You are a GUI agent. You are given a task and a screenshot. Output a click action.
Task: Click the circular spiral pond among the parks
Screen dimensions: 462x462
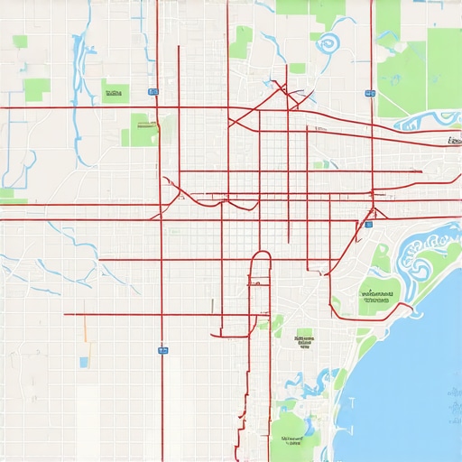[327, 42]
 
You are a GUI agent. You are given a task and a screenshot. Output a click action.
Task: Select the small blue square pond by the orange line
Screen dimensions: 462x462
[84, 362]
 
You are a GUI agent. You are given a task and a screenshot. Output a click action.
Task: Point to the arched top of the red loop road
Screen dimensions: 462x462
[260, 255]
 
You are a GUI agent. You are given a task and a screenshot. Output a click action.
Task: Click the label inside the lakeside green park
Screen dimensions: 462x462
[379, 295]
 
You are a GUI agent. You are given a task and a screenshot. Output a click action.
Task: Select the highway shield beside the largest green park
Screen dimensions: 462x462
[370, 92]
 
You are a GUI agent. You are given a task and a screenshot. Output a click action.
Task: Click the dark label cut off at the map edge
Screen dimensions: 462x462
[454, 141]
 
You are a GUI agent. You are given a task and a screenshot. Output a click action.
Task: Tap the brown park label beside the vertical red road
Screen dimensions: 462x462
[142, 127]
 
